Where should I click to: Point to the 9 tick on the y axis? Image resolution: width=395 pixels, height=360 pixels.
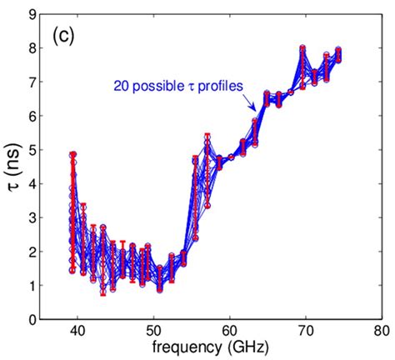tap(31, 14)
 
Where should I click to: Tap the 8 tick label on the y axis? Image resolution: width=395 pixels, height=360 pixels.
tap(31, 48)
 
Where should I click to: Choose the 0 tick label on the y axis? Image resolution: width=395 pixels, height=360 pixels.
tap(31, 320)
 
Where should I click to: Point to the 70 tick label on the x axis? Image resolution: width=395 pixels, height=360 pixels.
tap(305, 332)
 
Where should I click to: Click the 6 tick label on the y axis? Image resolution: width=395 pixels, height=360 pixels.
tap(31, 116)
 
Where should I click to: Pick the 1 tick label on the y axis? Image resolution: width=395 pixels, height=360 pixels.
tap(31, 286)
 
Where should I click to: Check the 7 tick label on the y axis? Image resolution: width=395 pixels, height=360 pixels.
tap(31, 82)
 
